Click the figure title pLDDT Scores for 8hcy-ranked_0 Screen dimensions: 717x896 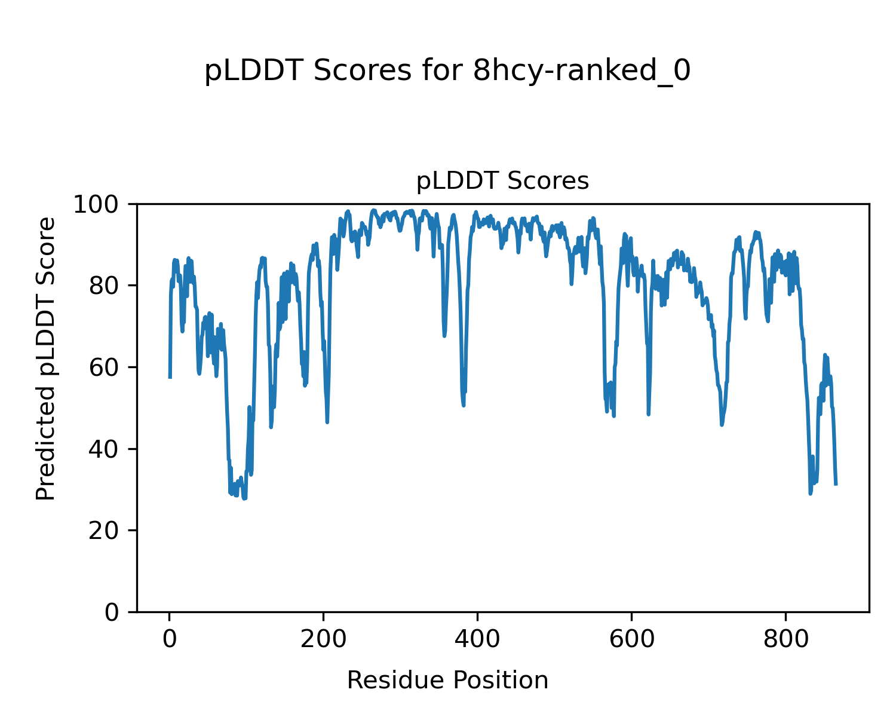[x=447, y=71]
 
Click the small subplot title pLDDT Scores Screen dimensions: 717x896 [x=502, y=181]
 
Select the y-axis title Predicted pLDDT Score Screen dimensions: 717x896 [x=46, y=358]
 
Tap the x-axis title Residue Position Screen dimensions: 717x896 [x=447, y=680]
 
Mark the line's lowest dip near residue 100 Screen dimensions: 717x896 [x=244, y=498]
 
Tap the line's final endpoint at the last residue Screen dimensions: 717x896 [x=836, y=485]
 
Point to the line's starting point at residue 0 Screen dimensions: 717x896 [x=170, y=378]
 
